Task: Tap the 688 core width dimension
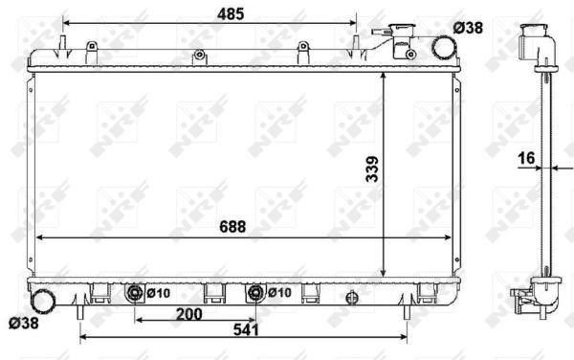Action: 232,227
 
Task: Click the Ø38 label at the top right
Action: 469,29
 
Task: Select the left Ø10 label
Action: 158,293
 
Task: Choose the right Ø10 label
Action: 279,293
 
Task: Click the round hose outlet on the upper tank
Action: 443,45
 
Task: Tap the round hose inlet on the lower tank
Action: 43,300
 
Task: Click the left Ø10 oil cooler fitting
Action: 135,293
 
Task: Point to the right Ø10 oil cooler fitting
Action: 255,293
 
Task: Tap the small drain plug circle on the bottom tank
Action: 352,294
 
